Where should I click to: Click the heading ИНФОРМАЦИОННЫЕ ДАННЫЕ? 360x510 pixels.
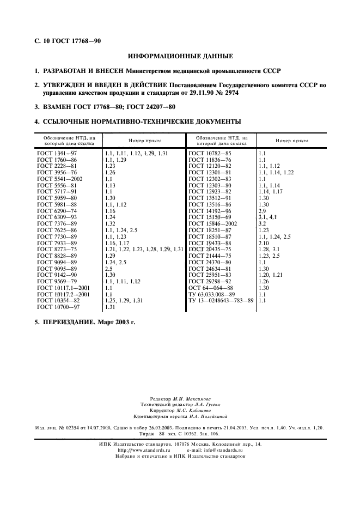click(180, 56)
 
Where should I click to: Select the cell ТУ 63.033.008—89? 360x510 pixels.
click(212, 294)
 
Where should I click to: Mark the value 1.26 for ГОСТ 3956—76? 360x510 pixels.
click(110, 172)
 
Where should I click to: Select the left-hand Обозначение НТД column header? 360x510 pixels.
click(69, 141)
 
